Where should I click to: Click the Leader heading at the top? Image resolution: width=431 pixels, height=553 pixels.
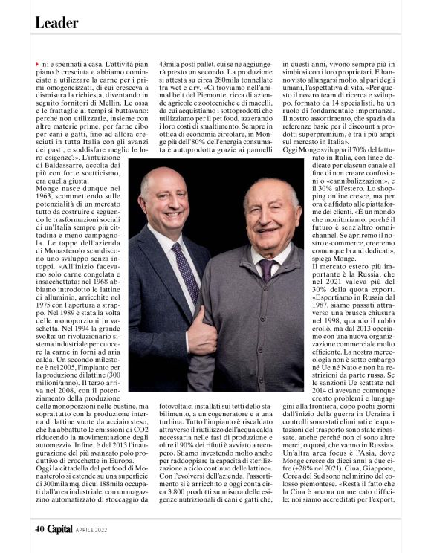[x=56, y=23]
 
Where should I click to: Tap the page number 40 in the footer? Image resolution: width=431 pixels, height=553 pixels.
[x=39, y=529]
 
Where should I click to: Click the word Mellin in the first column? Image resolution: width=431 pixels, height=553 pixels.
[x=122, y=104]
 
